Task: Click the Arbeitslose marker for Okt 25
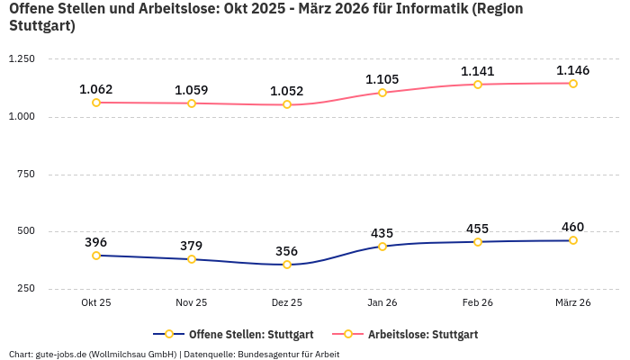tap(96, 103)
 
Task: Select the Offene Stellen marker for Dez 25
tap(287, 265)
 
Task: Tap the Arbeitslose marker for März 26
tap(573, 84)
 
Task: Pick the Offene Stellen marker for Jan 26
tap(382, 247)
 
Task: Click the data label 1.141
tap(478, 71)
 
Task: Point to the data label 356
tap(287, 251)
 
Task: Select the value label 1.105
tap(382, 79)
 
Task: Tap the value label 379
tap(192, 246)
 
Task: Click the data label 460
tap(573, 227)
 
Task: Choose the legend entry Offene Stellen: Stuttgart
tap(233, 334)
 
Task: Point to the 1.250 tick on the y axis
tap(21, 59)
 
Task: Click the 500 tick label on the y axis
tap(24, 231)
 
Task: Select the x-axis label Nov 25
tap(192, 303)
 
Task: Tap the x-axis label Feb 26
tap(478, 303)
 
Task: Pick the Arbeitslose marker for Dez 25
tap(287, 104)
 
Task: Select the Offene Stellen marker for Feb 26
tap(478, 242)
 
